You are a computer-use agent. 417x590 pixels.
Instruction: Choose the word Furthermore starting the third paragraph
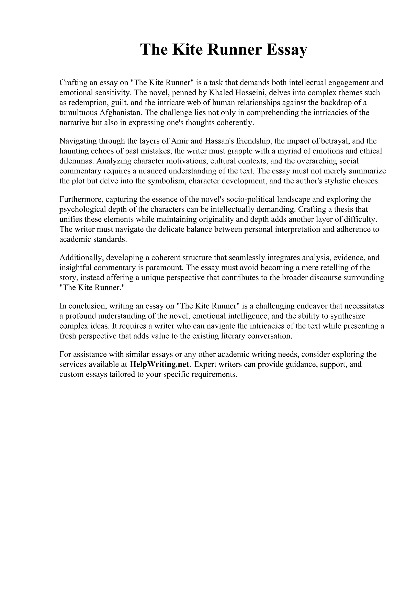81,199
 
